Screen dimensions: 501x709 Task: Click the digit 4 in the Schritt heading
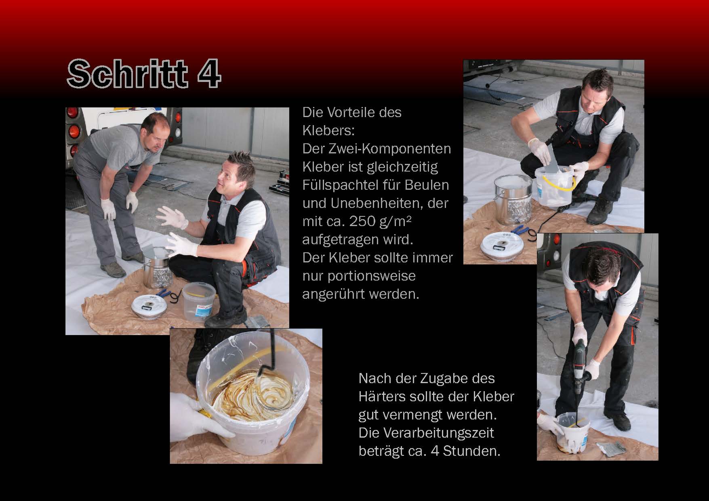209,73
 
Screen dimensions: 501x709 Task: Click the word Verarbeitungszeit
426,433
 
